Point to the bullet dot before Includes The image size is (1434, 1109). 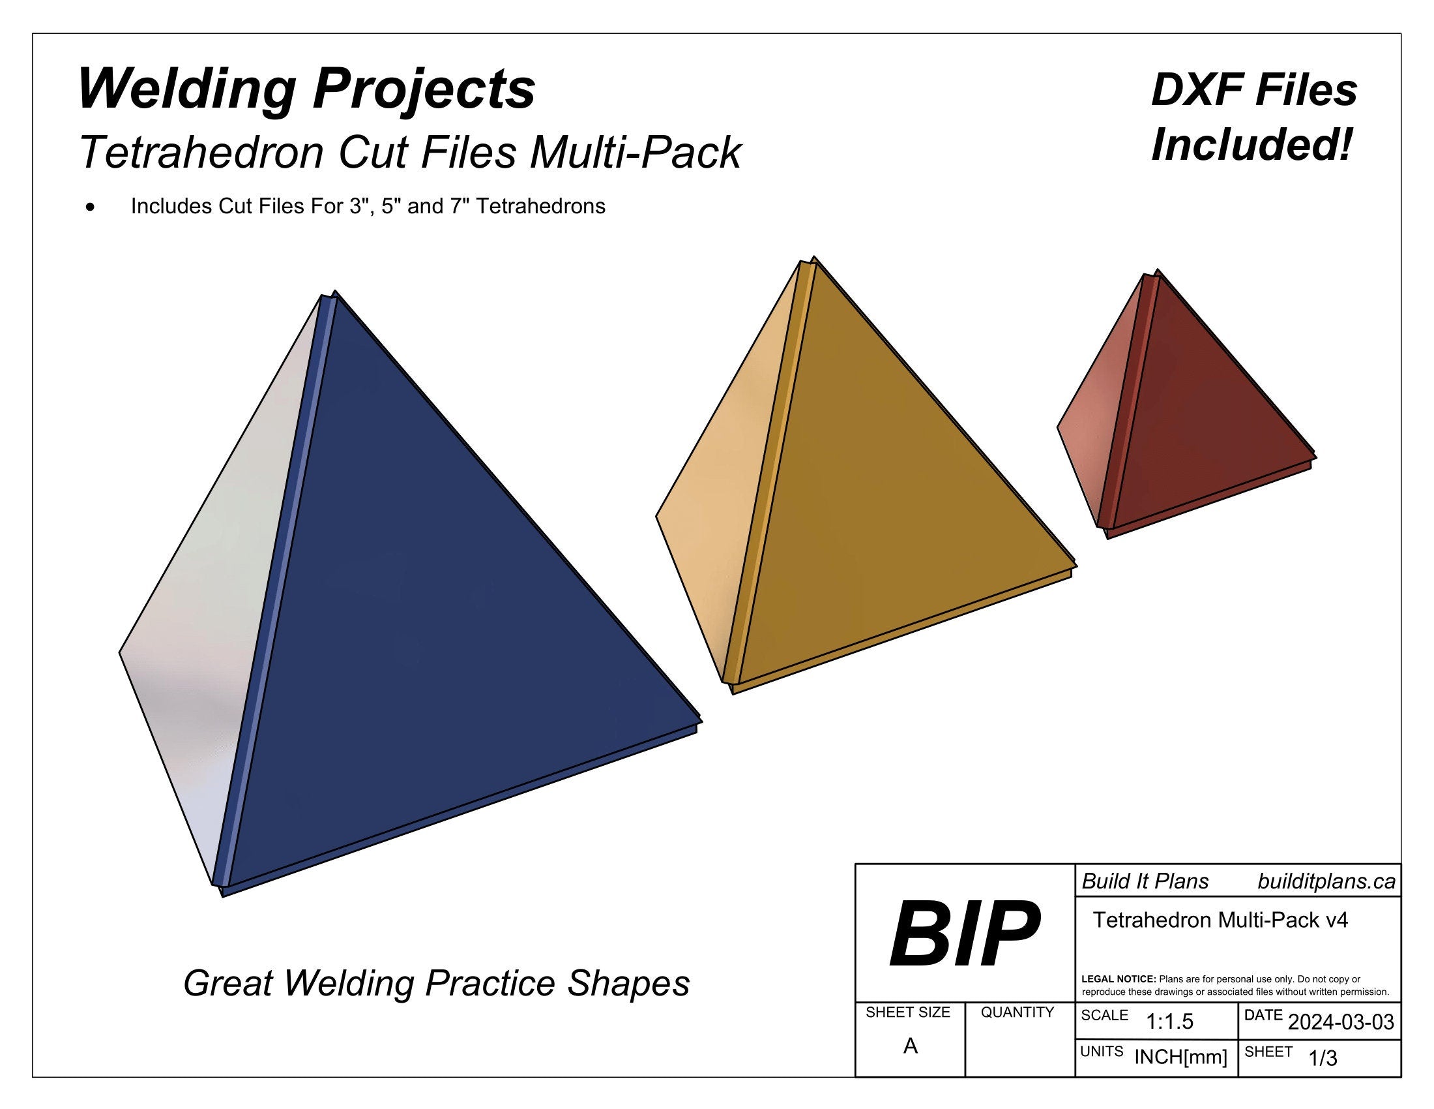90,207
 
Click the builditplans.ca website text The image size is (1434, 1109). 1326,882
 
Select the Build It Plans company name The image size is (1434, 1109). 1145,882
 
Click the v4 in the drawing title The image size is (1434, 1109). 1336,920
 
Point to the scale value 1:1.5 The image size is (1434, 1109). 1169,1022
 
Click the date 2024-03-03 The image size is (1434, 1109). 1341,1022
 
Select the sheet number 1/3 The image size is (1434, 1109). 1323,1058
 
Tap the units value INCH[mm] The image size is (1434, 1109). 1180,1057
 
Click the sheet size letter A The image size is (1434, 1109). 910,1046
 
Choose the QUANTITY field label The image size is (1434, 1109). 1017,1012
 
